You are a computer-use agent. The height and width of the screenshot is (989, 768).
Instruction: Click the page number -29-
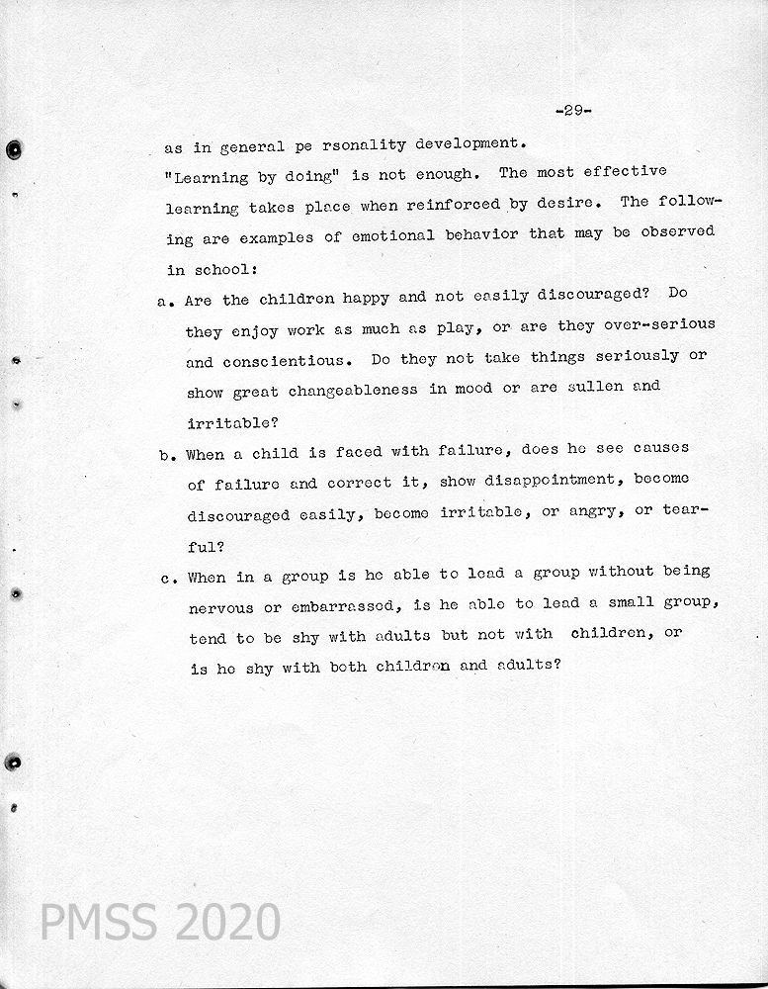tap(573, 111)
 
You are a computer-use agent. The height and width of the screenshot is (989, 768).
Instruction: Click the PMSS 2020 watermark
tap(160, 922)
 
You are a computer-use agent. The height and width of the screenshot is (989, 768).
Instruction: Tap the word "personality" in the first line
tap(336, 145)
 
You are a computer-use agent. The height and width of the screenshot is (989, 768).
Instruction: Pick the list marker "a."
tap(166, 300)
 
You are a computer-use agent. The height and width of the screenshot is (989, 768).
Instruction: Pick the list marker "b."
tap(167, 455)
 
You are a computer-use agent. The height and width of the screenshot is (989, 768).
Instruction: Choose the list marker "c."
tap(168, 579)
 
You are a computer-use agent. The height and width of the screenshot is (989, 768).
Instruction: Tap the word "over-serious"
tap(655, 325)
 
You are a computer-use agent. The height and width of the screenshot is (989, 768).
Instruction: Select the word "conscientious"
tap(267, 361)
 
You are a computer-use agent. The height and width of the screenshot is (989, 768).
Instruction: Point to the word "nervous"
tap(220, 607)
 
